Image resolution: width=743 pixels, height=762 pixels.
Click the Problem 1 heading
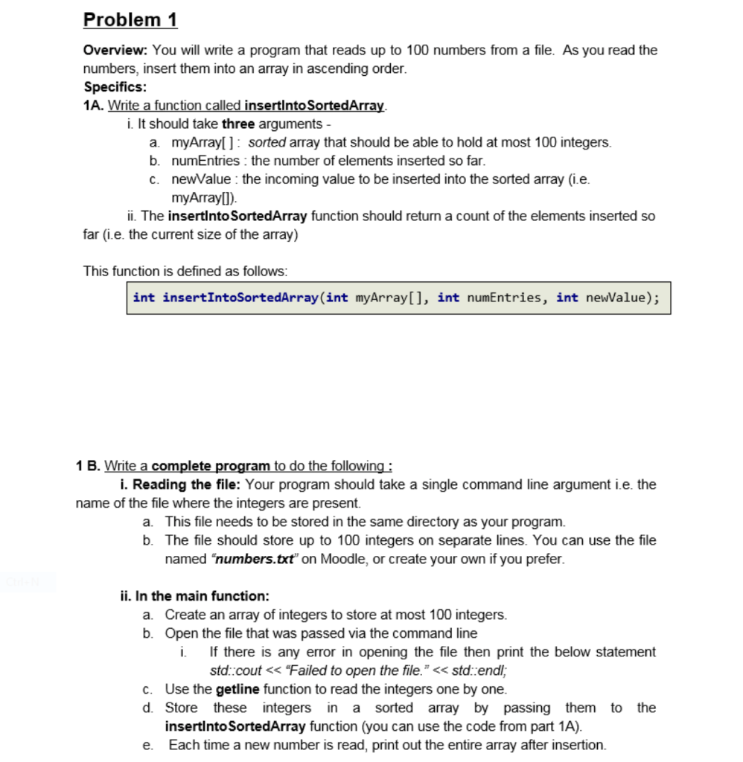(130, 19)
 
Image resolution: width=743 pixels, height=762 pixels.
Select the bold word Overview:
(116, 51)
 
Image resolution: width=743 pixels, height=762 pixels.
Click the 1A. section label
(93, 105)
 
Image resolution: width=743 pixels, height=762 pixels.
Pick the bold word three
(238, 124)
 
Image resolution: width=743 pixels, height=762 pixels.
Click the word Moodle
(342, 559)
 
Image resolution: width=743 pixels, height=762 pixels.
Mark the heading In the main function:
(194, 596)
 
